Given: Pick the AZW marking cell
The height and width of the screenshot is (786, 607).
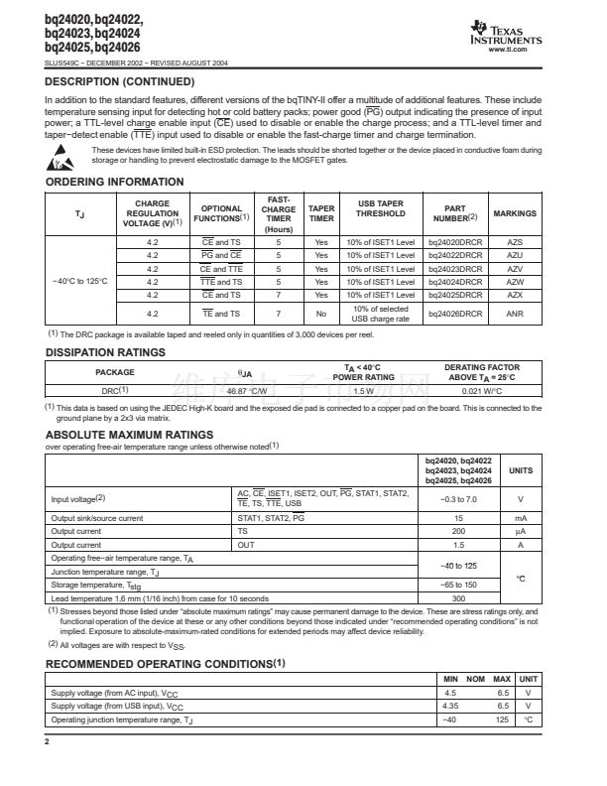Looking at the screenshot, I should [x=514, y=281].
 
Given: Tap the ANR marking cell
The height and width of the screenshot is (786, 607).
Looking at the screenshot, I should [x=514, y=314].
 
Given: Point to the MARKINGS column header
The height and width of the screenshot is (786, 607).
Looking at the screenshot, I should [x=514, y=213].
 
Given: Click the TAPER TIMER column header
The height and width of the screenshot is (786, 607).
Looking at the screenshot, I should [x=321, y=213].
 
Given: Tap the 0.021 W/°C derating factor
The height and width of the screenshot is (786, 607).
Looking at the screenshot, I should [x=478, y=390].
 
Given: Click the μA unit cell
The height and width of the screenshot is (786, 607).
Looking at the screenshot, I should [x=521, y=531].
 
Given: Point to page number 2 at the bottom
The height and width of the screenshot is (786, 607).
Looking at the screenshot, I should [x=47, y=741].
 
